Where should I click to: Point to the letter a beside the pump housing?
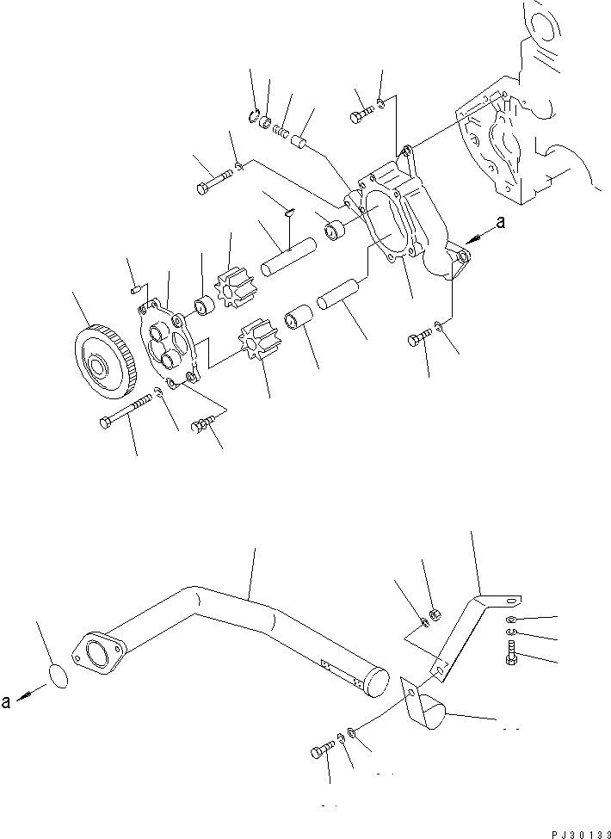click(x=503, y=222)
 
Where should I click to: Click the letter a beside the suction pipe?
click(x=7, y=701)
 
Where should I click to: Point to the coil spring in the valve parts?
click(x=280, y=130)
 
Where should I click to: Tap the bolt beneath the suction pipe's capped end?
click(x=320, y=752)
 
